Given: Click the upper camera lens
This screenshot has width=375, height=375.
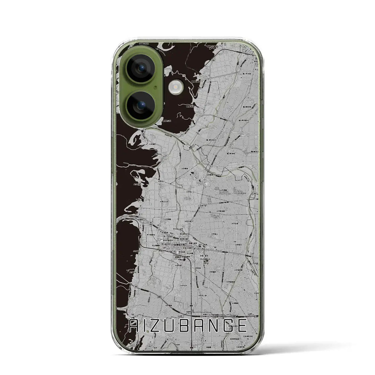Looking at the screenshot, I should click(140, 68).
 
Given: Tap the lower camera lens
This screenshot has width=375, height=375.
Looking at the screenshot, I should click(140, 104).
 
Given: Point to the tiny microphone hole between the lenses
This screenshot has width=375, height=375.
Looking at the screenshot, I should click(156, 87).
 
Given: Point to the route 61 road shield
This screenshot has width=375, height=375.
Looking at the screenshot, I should click(187, 135).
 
